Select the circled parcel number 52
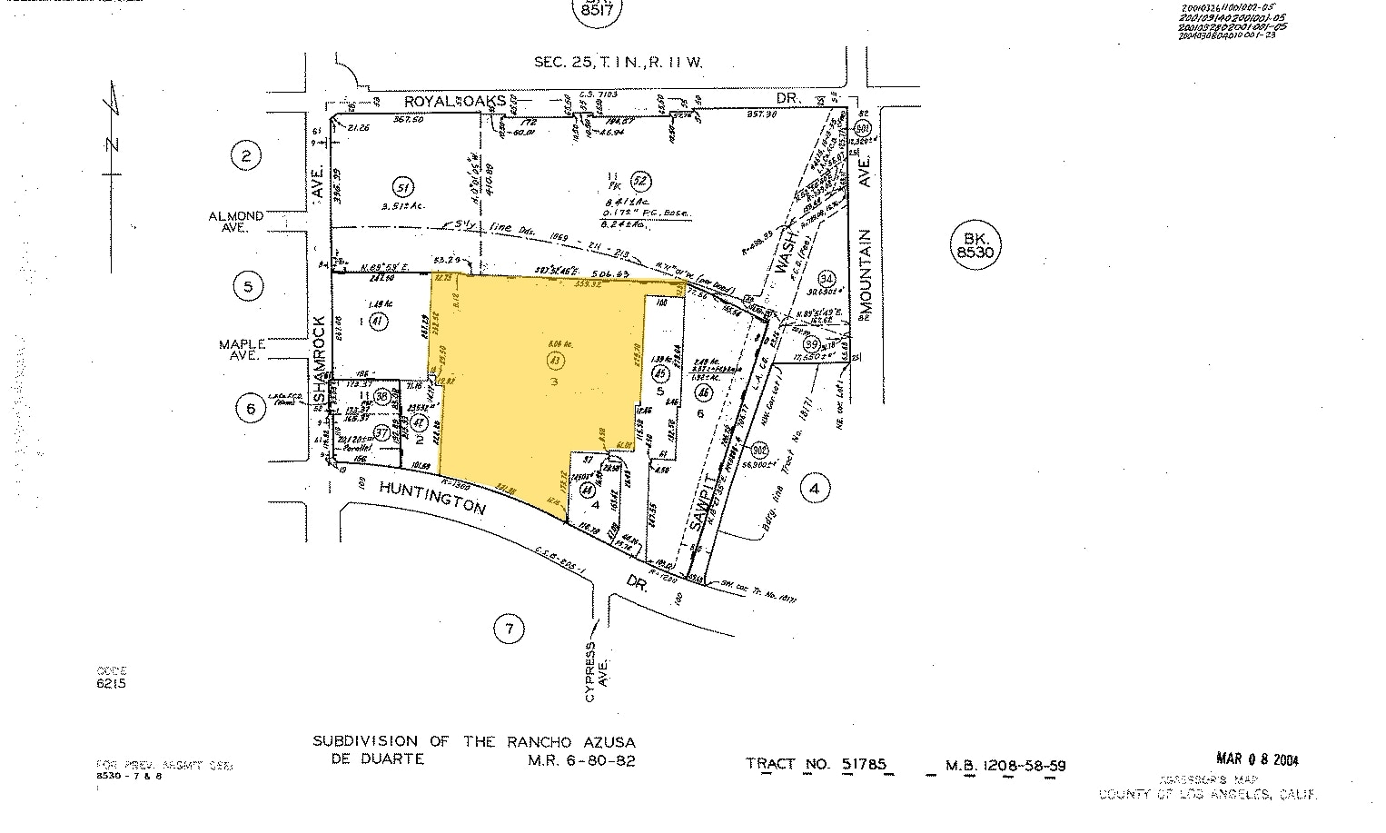641,179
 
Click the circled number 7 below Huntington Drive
509,628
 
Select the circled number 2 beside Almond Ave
246,156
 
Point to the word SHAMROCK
319,361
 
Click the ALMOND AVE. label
236,222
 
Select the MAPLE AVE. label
242,350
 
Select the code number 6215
111,683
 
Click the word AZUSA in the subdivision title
602,741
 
